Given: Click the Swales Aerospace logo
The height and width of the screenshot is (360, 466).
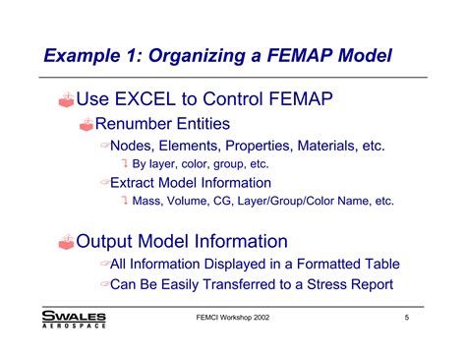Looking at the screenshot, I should point(74,319).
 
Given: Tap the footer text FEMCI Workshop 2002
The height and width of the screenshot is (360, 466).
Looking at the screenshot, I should point(233,319).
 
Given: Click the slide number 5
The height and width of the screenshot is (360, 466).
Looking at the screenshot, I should point(406,319).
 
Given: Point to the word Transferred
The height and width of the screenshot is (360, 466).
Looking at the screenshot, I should point(251,284).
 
